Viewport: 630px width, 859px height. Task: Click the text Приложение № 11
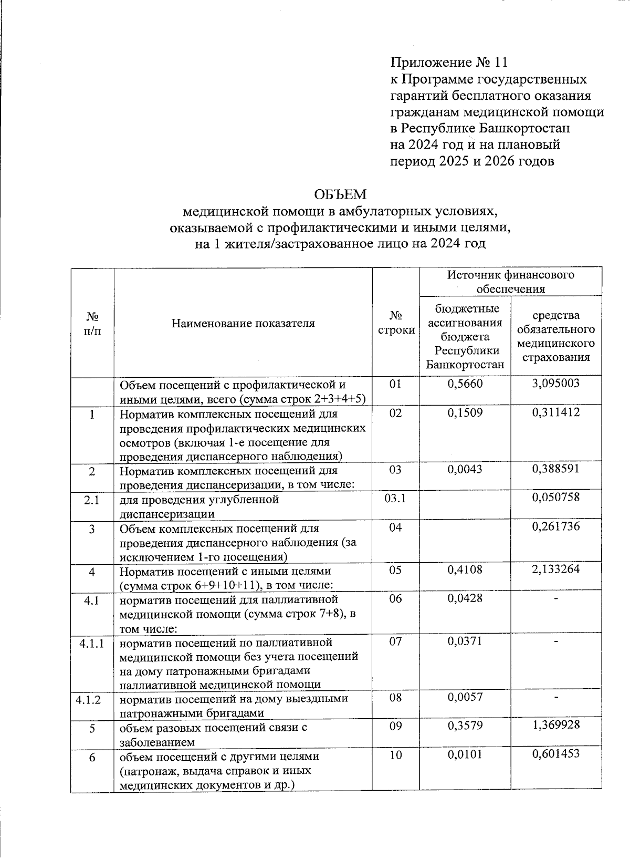pyautogui.click(x=449, y=63)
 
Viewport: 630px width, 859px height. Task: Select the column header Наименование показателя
pyautogui.click(x=243, y=323)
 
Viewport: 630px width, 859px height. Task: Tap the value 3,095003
pyautogui.click(x=555, y=384)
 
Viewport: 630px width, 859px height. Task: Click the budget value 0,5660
pyautogui.click(x=465, y=384)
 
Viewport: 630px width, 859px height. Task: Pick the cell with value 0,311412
pyautogui.click(x=555, y=412)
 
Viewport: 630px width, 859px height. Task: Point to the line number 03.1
pyautogui.click(x=395, y=498)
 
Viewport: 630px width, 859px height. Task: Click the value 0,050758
pyautogui.click(x=555, y=497)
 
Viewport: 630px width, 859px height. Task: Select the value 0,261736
pyautogui.click(x=555, y=526)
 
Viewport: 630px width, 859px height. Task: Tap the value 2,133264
pyautogui.click(x=555, y=569)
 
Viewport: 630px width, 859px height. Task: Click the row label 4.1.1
pyautogui.click(x=92, y=642)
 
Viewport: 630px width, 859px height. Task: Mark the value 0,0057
pyautogui.click(x=465, y=697)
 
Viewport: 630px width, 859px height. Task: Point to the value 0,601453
pyautogui.click(x=555, y=754)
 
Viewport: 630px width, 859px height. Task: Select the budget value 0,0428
pyautogui.click(x=465, y=598)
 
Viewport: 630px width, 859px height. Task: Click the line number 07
pyautogui.click(x=395, y=641)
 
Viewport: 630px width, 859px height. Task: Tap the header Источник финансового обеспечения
pyautogui.click(x=510, y=282)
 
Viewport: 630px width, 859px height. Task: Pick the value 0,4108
pyautogui.click(x=465, y=569)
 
